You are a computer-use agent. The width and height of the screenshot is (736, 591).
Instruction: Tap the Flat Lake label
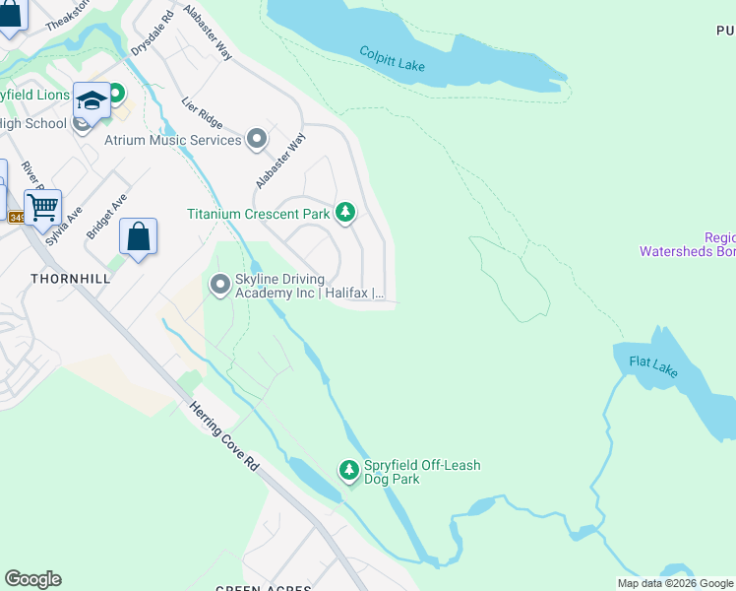(653, 366)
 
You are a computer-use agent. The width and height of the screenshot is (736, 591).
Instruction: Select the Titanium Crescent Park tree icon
(345, 213)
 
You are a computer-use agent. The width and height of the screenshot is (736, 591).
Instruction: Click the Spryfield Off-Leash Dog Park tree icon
(348, 471)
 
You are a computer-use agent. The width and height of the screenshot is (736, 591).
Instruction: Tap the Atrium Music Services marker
(257, 140)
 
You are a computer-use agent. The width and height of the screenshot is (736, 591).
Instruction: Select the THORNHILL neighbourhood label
(70, 279)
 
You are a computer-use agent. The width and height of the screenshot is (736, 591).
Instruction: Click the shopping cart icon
(42, 208)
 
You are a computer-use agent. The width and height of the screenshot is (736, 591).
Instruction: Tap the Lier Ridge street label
(203, 114)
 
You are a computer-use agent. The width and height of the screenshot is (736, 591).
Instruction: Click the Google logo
(32, 579)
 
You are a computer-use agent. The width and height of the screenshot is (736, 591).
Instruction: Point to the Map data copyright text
(675, 583)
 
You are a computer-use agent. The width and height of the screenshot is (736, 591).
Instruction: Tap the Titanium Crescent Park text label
(259, 214)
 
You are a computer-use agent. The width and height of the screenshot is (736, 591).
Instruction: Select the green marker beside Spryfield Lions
(116, 94)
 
